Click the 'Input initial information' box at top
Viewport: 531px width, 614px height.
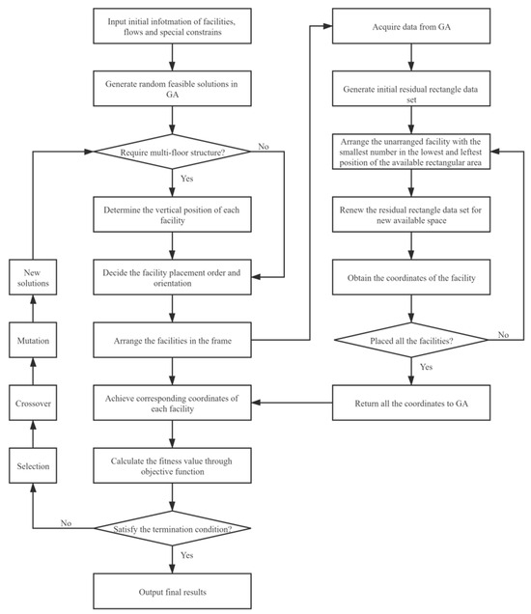pos(173,24)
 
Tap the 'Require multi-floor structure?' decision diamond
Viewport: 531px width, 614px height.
pos(173,152)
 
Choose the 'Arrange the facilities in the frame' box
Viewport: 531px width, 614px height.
pos(173,339)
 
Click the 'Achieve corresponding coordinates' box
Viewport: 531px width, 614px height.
pos(173,398)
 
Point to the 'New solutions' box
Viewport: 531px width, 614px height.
pos(34,276)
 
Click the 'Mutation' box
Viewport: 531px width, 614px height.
pos(34,341)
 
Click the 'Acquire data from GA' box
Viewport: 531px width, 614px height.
pos(413,24)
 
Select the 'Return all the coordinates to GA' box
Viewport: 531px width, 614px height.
pos(413,398)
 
